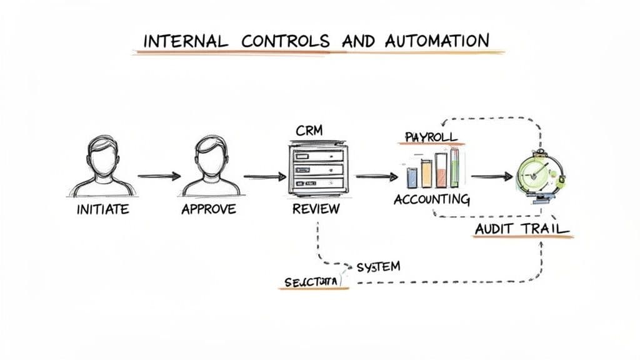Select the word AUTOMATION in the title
coord(437,41)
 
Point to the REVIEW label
coord(316,209)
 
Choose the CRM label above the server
coord(310,130)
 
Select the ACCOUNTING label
coord(431,200)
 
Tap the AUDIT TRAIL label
coord(522,229)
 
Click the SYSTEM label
coord(378,267)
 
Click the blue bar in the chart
coord(412,177)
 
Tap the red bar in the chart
coord(441,170)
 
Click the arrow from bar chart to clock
coord(491,177)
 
